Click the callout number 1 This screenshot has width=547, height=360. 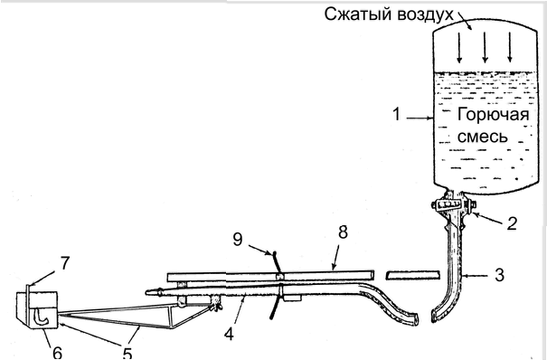click(396, 114)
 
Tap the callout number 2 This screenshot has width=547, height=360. click(512, 223)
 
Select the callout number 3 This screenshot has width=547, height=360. click(500, 275)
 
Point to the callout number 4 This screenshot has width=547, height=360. click(229, 334)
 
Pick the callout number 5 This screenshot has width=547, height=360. click(127, 353)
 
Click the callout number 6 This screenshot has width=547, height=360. click(58, 353)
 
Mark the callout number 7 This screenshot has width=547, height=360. click(65, 264)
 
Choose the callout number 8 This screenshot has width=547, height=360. click(344, 232)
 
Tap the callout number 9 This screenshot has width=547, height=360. click(238, 240)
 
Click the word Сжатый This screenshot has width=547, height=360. click(359, 14)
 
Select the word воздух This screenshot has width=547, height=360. click(426, 14)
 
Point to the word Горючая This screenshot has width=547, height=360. click(493, 115)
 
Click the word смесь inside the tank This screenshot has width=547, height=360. click(483, 137)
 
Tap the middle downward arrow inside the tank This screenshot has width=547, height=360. click(485, 47)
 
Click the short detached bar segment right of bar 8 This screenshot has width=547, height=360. click(412, 275)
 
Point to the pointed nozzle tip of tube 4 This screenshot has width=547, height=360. click(147, 291)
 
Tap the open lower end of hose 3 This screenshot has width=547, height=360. click(435, 316)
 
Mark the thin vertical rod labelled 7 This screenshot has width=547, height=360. click(27, 304)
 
